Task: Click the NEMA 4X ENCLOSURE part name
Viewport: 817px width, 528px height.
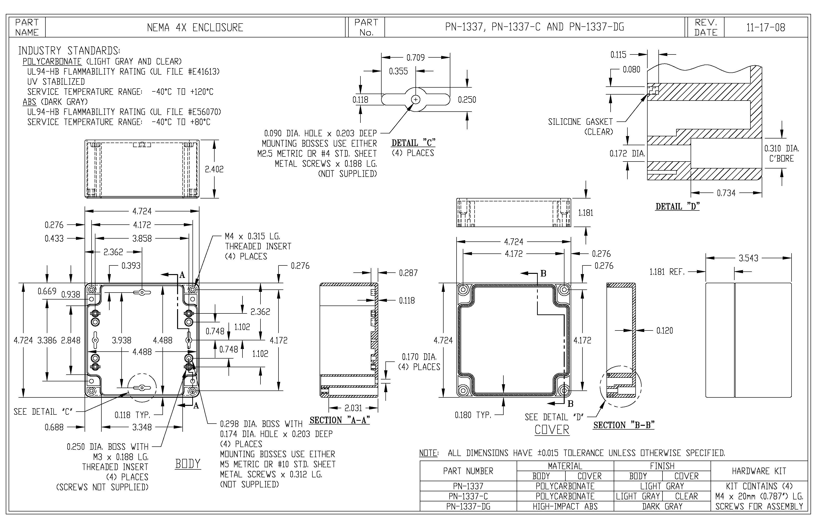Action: pyautogui.click(x=195, y=27)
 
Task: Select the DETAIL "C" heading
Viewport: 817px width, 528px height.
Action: pyautogui.click(x=413, y=143)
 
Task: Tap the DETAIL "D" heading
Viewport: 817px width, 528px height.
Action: pyautogui.click(x=677, y=206)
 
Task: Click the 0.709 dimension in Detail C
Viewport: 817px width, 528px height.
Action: pyautogui.click(x=415, y=58)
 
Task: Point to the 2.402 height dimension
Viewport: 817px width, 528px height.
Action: pyautogui.click(x=214, y=169)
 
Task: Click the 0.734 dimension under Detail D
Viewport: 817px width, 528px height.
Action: pyautogui.click(x=726, y=193)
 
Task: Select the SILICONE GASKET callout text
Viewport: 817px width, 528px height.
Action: pyautogui.click(x=580, y=122)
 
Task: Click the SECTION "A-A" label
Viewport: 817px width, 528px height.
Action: pyautogui.click(x=340, y=420)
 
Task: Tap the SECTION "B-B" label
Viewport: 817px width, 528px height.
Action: pyautogui.click(x=624, y=425)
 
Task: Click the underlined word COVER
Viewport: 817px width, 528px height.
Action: pyautogui.click(x=552, y=430)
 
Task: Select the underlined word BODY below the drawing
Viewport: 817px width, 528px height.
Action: pyautogui.click(x=187, y=463)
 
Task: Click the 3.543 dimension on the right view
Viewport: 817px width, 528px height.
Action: pyautogui.click(x=748, y=258)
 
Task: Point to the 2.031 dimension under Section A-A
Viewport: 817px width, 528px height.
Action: pyautogui.click(x=353, y=408)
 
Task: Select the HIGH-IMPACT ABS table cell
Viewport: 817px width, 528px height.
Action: pyautogui.click(x=565, y=506)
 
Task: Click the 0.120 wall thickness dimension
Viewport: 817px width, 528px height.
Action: pyautogui.click(x=664, y=330)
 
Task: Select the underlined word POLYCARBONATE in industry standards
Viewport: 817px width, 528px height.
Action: pyautogui.click(x=52, y=62)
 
